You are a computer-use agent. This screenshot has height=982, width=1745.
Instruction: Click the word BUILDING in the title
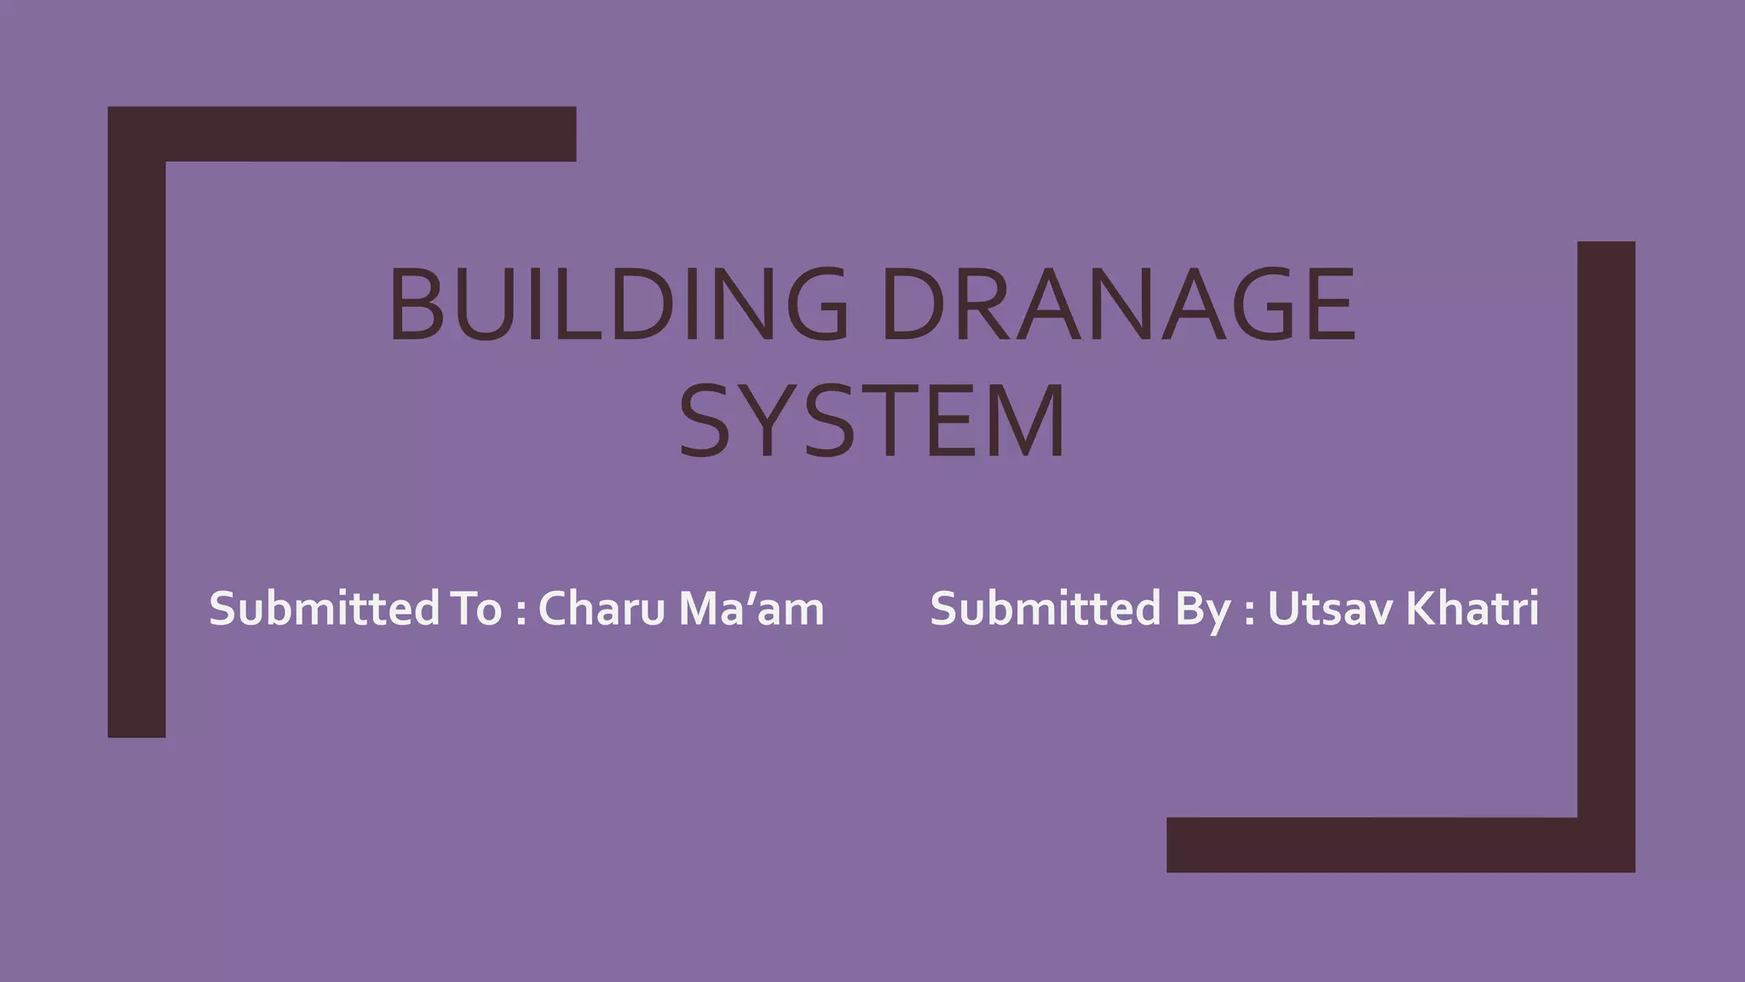619,304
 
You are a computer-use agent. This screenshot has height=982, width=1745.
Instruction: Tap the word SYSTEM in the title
872,421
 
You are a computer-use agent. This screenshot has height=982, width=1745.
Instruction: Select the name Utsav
1330,609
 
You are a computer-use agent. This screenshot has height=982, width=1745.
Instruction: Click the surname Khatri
1471,609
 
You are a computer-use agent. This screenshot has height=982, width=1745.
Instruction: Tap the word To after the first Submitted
474,609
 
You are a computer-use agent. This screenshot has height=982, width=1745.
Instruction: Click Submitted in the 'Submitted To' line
325,609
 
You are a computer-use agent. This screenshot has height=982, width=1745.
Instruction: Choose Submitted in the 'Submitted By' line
1045,609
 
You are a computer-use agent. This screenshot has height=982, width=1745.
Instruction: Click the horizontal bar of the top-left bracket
366,134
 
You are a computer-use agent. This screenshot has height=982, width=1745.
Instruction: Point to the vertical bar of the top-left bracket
136,443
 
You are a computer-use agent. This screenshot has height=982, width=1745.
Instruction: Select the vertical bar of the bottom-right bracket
1606,529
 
